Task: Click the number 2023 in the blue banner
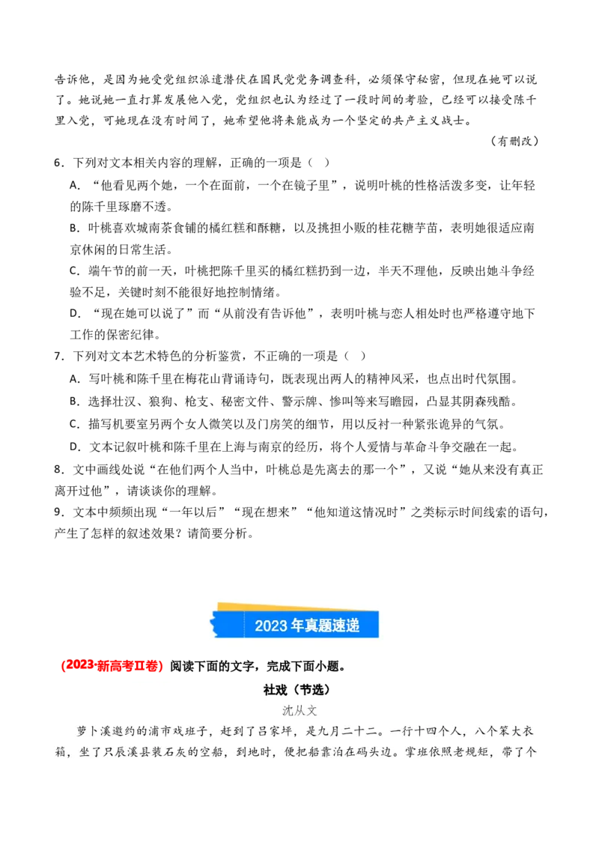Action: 271,626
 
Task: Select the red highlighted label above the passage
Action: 112,667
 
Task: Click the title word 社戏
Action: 276,690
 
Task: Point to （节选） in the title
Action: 310,690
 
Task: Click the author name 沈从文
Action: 299,710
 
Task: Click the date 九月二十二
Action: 345,730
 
